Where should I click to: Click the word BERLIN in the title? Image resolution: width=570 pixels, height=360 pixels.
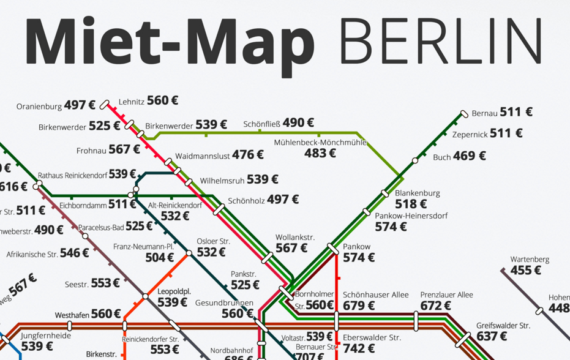point(440,41)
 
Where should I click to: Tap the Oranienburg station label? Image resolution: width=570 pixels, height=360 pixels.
point(39,106)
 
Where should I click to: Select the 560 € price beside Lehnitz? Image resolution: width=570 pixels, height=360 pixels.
point(162,100)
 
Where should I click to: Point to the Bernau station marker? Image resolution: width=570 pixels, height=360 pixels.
point(464,114)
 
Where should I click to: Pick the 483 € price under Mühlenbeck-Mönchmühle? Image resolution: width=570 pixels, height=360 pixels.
point(320,154)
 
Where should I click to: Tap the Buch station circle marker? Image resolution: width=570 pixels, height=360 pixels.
point(415,160)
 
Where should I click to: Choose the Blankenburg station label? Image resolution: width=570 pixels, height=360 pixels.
point(417,193)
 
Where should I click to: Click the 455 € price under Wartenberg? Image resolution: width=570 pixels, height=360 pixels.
point(526,270)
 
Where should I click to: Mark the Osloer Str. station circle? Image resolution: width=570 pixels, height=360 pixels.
point(189,253)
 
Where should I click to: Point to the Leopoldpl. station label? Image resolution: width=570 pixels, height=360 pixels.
point(174,291)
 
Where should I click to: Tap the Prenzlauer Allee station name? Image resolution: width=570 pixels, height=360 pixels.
point(446,295)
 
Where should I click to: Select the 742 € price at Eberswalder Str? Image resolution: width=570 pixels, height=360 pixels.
point(359,348)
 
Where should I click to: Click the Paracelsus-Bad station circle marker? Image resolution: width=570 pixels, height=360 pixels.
point(85,236)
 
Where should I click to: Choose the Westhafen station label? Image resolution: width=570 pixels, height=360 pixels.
point(72,315)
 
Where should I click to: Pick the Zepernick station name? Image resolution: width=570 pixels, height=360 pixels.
point(470,134)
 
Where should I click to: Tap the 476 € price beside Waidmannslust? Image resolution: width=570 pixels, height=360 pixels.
point(247,155)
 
